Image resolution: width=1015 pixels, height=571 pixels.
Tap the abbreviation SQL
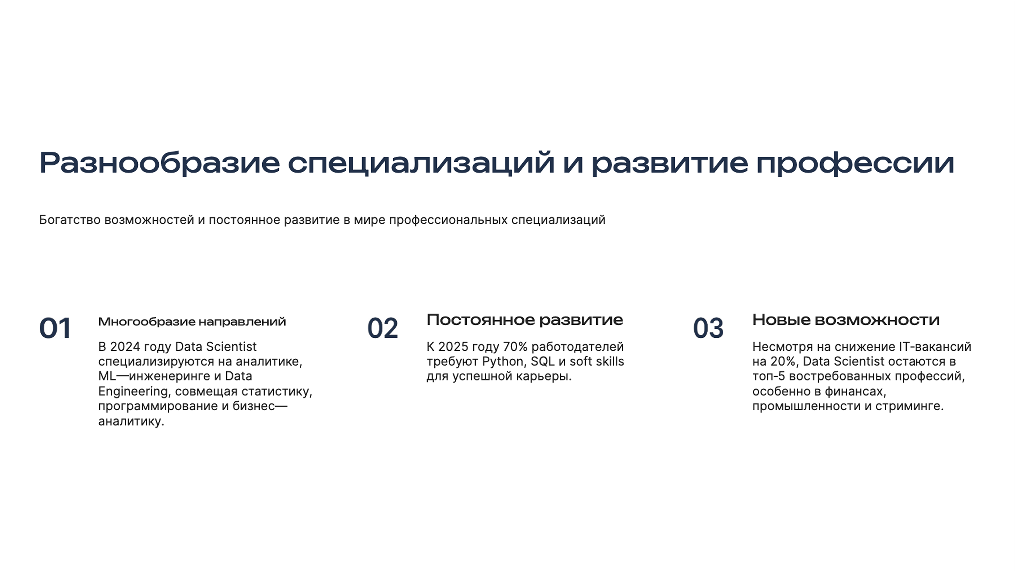(x=543, y=361)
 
